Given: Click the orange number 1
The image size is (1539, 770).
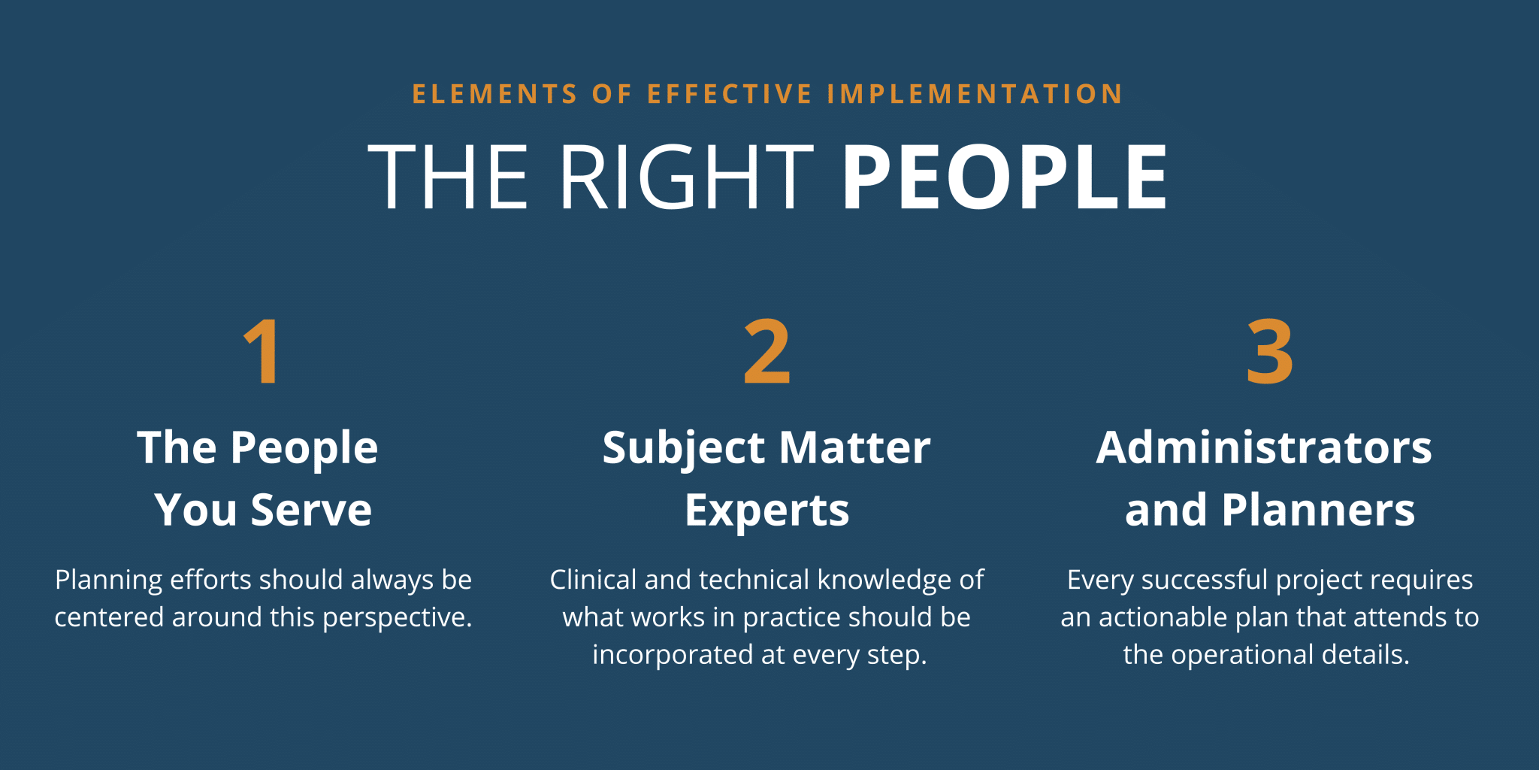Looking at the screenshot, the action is (262, 351).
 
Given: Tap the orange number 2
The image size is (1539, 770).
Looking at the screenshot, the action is (766, 351).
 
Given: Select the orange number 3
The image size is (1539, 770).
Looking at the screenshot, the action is (1270, 351).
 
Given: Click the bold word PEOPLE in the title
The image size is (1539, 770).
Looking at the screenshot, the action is (1004, 177).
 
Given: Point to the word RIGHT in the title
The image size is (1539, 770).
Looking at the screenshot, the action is (686, 177).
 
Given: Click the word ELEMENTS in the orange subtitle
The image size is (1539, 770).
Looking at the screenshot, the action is (495, 94).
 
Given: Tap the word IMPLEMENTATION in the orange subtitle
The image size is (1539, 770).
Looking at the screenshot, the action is (975, 94).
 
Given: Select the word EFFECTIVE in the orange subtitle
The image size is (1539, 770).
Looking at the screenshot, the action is (730, 94).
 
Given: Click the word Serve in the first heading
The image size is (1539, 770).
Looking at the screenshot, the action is (311, 510).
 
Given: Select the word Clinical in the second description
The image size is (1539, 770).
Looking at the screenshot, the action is (593, 580).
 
